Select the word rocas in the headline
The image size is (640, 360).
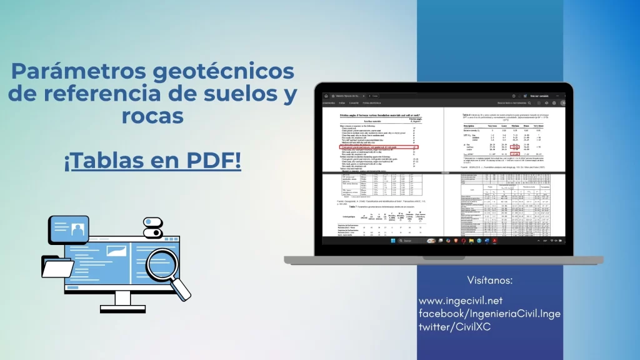153,116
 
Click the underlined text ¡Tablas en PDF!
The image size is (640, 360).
152,161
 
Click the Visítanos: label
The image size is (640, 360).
489,279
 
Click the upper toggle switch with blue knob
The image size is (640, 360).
152,222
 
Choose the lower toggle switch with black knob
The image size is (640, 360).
152,232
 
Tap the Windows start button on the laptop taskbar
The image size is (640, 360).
392,241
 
